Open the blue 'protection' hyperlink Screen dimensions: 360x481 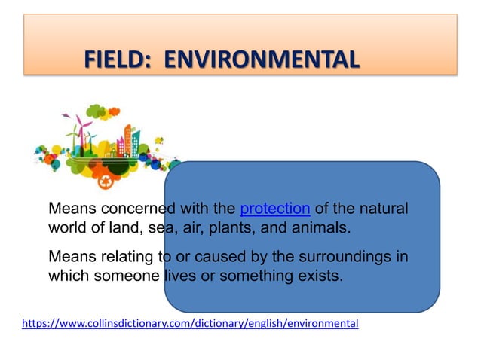click(274, 209)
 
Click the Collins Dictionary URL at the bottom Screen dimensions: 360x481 click(190, 323)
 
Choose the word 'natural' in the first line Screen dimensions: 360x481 click(383, 209)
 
